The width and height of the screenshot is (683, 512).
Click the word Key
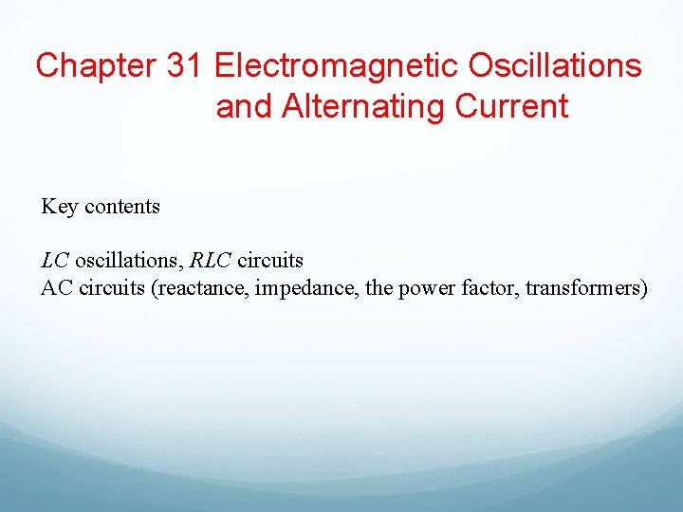click(x=60, y=207)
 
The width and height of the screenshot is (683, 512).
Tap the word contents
click(x=122, y=207)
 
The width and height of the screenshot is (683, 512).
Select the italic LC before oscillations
click(x=56, y=260)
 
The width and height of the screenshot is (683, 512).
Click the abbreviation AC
click(x=57, y=287)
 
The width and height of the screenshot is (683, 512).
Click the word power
click(x=422, y=288)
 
